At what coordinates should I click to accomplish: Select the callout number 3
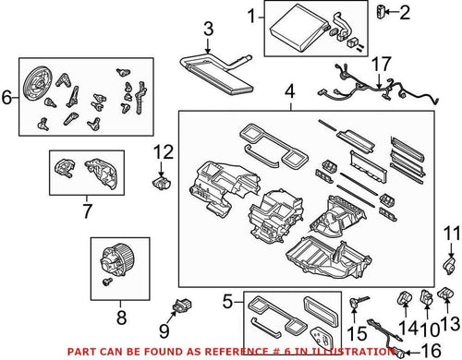click(x=209, y=30)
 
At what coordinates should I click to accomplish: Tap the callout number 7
click(x=87, y=211)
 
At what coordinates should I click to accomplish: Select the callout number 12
click(x=163, y=151)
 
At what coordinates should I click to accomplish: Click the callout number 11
click(x=450, y=233)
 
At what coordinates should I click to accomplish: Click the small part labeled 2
click(x=381, y=12)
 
